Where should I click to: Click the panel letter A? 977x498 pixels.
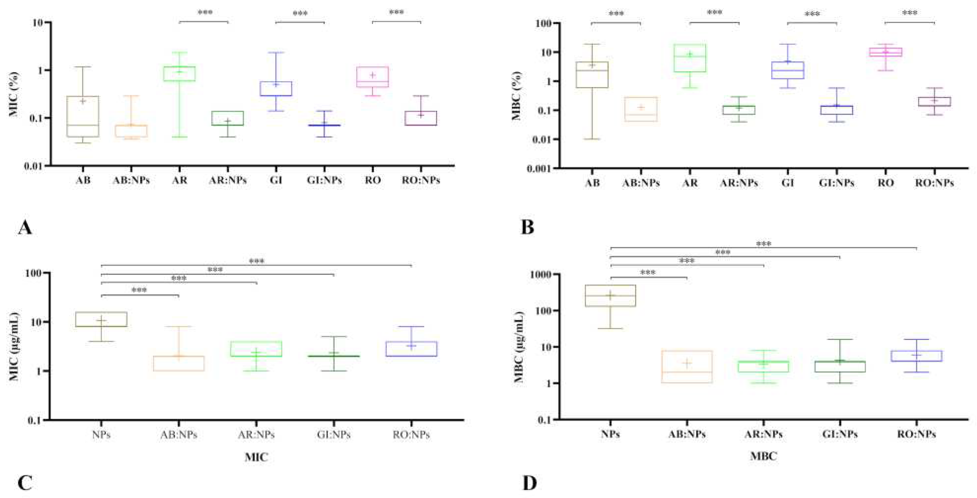pos(25,228)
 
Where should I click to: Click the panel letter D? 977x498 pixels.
pos(530,483)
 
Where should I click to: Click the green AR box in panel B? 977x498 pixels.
pos(690,58)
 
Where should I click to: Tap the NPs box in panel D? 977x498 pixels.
pos(610,295)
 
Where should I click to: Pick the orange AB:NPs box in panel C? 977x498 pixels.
pos(179,363)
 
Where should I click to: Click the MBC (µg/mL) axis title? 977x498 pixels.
pos(519,347)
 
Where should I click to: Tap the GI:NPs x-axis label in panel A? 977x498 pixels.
pos(324,180)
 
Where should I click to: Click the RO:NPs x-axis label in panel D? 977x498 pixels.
pos(916,434)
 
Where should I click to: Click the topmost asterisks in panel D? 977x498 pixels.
pos(764,244)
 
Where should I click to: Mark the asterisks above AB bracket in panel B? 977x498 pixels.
pos(616,14)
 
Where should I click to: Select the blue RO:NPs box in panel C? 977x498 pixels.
pos(411,349)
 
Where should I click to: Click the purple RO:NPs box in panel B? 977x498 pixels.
pos(934,102)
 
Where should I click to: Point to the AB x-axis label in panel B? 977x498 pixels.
pos(592,183)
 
